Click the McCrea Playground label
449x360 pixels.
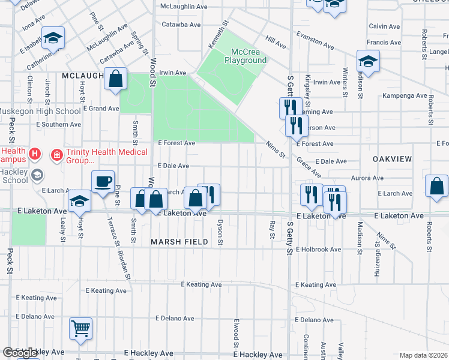[246, 56]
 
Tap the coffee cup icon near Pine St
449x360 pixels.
[103, 182]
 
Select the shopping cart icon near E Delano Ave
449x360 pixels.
[80, 328]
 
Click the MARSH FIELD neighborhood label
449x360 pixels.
[179, 242]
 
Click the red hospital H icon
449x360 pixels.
[35, 154]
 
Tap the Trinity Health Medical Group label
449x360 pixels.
[100, 156]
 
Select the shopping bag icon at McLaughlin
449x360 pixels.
[115, 79]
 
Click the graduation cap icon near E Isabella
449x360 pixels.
[53, 38]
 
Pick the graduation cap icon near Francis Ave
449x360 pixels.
[367, 61]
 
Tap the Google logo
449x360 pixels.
[20, 353]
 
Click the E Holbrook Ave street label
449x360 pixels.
[319, 250]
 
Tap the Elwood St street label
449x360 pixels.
[237, 335]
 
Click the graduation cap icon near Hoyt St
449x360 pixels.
[79, 202]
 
